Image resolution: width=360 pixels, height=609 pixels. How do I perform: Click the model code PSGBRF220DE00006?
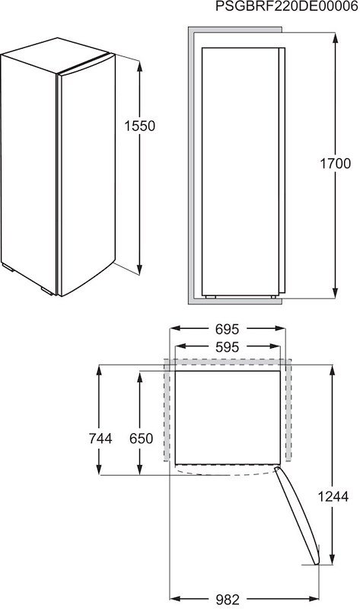pos(286,7)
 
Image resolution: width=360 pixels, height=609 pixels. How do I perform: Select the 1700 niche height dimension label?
pos(335,163)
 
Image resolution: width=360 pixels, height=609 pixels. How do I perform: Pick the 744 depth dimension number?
pos(100,438)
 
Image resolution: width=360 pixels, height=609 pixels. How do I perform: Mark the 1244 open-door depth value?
pos(333,496)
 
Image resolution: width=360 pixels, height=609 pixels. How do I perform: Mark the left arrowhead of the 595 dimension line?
pos(178,346)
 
